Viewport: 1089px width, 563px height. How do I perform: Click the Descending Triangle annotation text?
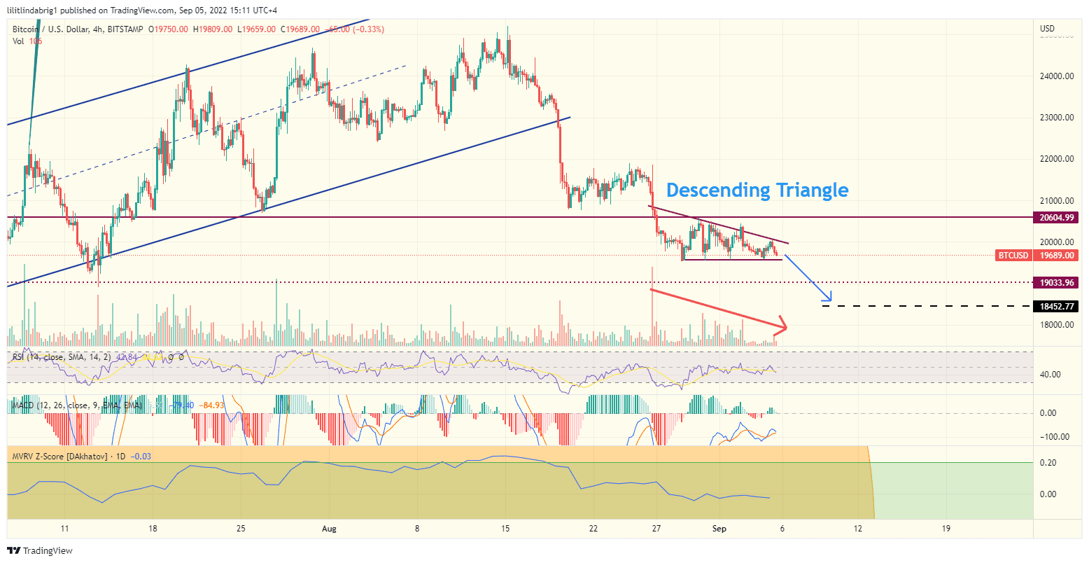pyautogui.click(x=757, y=190)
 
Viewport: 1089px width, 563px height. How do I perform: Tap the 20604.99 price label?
pyautogui.click(x=1057, y=218)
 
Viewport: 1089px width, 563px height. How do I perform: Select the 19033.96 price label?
pyautogui.click(x=1057, y=283)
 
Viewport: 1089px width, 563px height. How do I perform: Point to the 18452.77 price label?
pyautogui.click(x=1057, y=307)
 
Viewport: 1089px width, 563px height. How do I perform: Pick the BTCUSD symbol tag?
pyautogui.click(x=1013, y=256)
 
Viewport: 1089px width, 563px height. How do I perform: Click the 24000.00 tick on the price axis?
pyautogui.click(x=1057, y=76)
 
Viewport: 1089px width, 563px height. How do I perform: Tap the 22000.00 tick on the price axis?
pyautogui.click(x=1057, y=159)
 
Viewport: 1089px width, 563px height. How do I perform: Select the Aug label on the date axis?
pyautogui.click(x=330, y=529)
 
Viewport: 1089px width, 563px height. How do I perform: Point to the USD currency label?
pyautogui.click(x=1048, y=29)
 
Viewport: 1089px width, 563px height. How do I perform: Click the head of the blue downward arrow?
pyautogui.click(x=829, y=300)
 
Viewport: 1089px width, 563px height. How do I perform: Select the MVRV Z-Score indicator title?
pyautogui.click(x=59, y=457)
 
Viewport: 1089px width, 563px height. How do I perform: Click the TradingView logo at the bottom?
pyautogui.click(x=41, y=550)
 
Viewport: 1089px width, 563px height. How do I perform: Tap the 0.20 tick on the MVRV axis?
pyautogui.click(x=1048, y=463)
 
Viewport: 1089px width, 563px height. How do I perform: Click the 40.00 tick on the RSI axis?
pyautogui.click(x=1051, y=375)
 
